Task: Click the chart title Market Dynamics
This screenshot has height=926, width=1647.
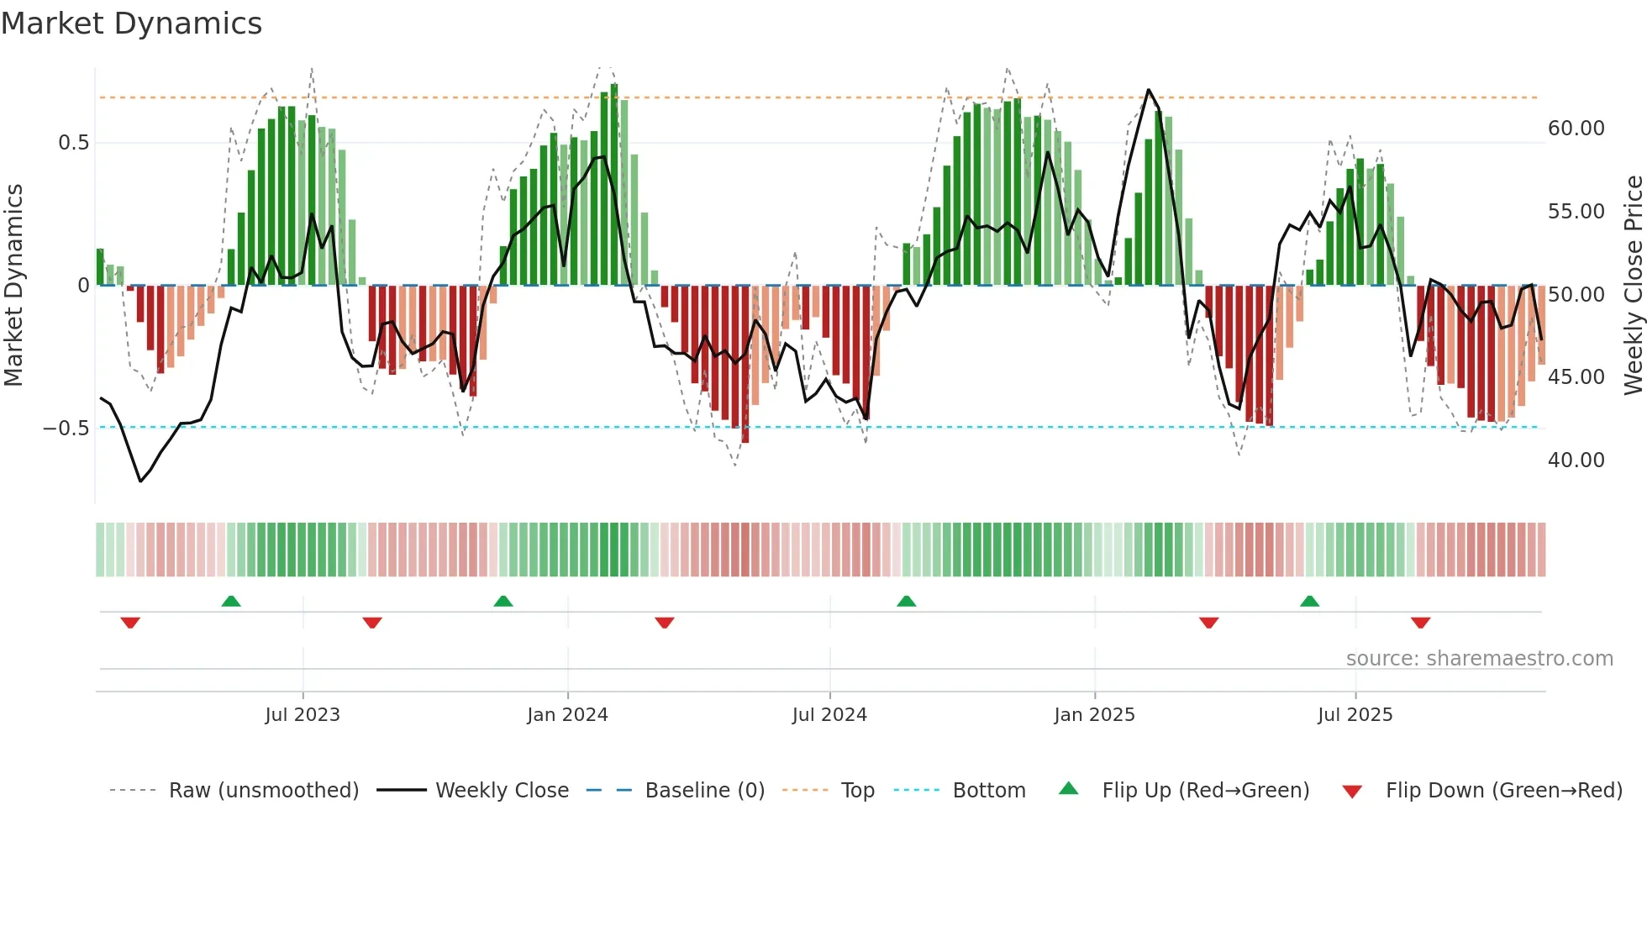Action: pos(131,24)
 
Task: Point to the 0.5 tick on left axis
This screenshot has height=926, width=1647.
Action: pos(74,143)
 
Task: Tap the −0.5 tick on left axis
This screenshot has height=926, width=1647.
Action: pos(66,429)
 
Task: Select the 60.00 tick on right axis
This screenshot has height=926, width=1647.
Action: pos(1576,129)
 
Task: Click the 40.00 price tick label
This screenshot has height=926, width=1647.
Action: pos(1576,460)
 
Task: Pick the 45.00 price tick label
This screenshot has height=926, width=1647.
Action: pos(1576,377)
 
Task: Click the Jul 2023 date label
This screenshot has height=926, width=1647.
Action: pos(303,715)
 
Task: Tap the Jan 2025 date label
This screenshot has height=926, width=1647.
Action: pos(1094,715)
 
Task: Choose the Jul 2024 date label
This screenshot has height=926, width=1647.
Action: pos(829,715)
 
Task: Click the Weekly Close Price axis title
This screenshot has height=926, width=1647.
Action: pos(1633,285)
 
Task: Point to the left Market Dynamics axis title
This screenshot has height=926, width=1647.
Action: pos(13,285)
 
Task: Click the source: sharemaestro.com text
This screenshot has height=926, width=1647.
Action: pos(1479,659)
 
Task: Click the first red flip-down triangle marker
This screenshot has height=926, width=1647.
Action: pos(130,623)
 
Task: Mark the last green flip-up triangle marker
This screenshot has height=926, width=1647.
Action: pos(1309,601)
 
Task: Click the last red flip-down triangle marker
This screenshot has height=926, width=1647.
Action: pos(1420,623)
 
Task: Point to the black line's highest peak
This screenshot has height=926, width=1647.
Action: pos(1149,90)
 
